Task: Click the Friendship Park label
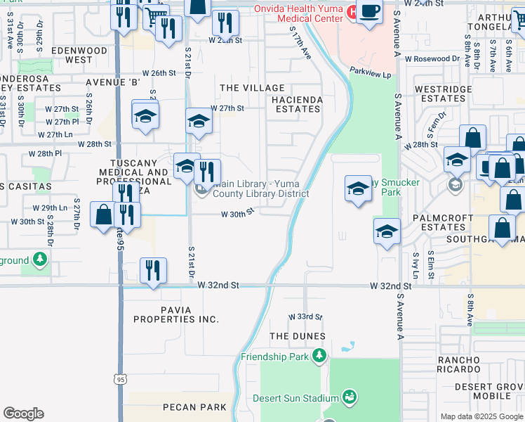tap(276, 357)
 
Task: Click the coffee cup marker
tap(369, 12)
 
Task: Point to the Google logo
tap(23, 414)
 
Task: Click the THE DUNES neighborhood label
tap(298, 336)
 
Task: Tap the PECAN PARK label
tap(194, 407)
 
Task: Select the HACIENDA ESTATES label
tap(298, 104)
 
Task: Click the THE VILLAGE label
tap(252, 88)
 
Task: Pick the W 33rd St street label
tap(305, 317)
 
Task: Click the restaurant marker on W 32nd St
tap(152, 269)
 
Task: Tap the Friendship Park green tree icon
tap(320, 356)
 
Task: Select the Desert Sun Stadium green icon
tap(349, 398)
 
